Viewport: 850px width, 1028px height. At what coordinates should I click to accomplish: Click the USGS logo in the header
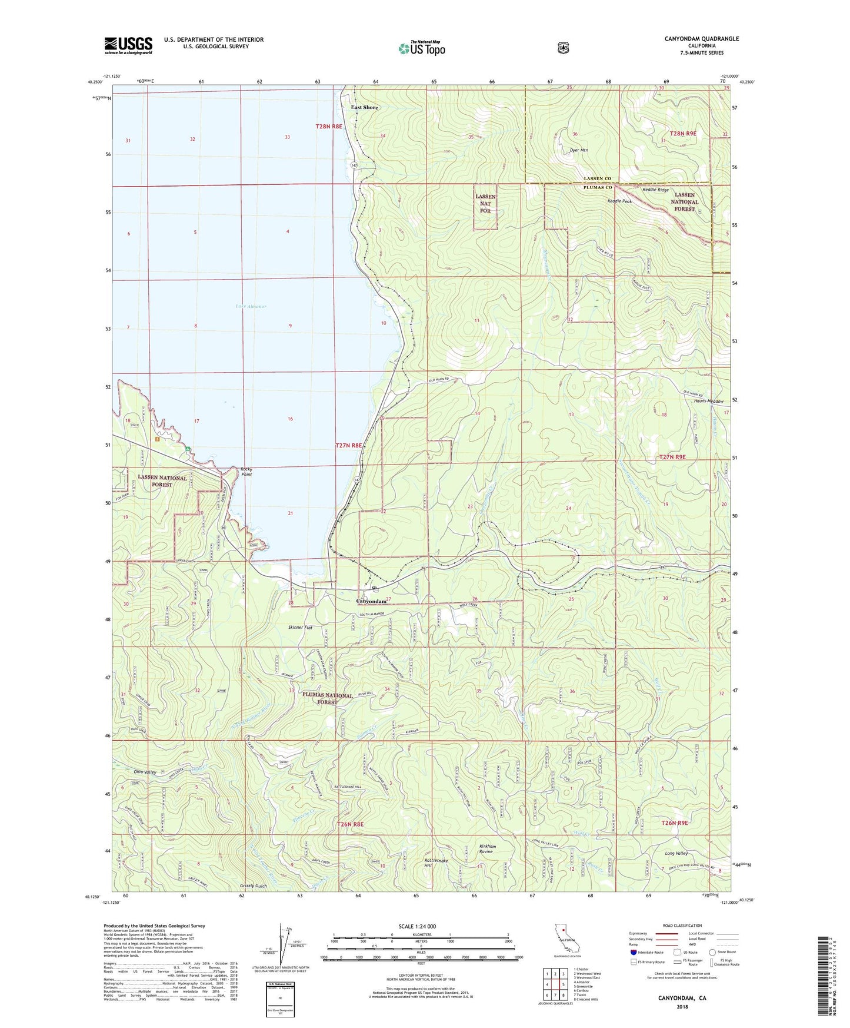click(x=128, y=45)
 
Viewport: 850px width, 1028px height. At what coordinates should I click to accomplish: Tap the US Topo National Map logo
click(x=421, y=48)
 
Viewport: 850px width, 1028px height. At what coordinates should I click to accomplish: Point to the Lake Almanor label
click(x=251, y=306)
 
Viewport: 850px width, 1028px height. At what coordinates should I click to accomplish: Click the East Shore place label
click(x=364, y=107)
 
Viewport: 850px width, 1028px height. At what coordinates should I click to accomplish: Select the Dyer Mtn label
click(x=579, y=150)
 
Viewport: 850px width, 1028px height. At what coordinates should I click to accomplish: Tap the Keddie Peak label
click(x=619, y=201)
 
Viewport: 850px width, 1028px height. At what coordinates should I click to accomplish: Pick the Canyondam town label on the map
click(x=371, y=601)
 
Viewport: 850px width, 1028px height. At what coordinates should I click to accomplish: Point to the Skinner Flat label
click(x=300, y=628)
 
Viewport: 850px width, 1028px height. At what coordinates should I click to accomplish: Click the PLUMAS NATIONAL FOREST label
click(x=328, y=698)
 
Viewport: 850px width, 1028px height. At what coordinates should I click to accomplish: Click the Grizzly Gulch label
click(x=253, y=886)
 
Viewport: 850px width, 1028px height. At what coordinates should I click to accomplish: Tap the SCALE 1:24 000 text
click(x=417, y=926)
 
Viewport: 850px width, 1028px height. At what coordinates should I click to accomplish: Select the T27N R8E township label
click(x=348, y=446)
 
